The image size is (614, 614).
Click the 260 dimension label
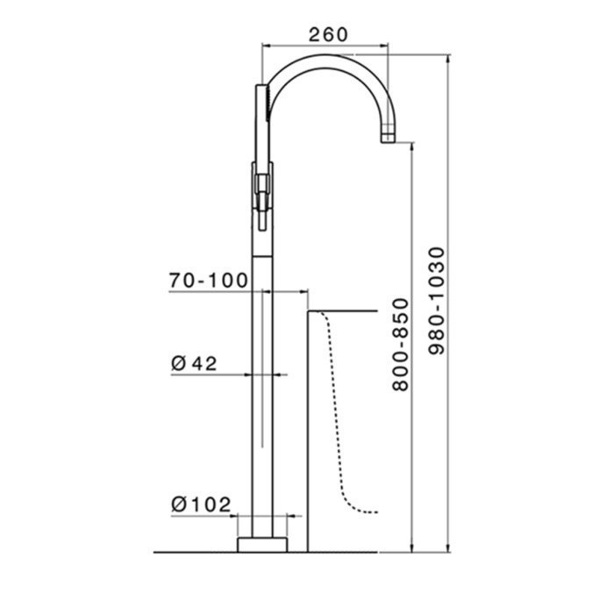(328, 34)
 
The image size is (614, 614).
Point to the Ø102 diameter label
(201, 504)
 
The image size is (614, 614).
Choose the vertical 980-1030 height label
(436, 303)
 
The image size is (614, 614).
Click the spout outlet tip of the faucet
(387, 136)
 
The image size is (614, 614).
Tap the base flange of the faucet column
(262, 543)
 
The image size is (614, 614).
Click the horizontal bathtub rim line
(342, 311)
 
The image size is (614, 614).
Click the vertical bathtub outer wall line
(308, 430)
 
